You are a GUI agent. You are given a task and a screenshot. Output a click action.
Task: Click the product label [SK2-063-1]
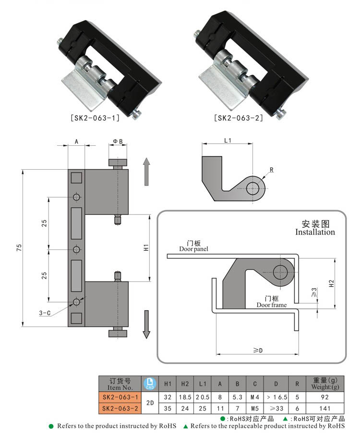(x=95, y=117)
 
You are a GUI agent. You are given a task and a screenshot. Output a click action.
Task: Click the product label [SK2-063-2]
(x=239, y=117)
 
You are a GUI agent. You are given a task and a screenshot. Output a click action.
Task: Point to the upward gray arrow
(x=147, y=172)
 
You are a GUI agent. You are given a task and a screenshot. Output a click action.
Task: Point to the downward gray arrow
(x=147, y=324)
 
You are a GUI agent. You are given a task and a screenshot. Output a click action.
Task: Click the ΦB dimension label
(x=118, y=141)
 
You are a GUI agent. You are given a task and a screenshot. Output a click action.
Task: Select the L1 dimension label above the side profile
(x=228, y=140)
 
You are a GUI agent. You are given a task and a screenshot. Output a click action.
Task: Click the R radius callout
(x=272, y=170)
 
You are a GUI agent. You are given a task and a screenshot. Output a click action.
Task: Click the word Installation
(x=315, y=232)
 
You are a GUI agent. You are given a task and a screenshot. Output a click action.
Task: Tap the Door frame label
(x=271, y=305)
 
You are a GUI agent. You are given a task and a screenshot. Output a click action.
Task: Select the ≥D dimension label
(x=258, y=351)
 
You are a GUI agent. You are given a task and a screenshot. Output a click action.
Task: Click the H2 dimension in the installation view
(x=331, y=283)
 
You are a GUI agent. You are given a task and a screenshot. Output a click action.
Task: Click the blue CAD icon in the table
(x=150, y=384)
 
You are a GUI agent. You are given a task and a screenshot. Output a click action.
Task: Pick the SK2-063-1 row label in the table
(x=120, y=398)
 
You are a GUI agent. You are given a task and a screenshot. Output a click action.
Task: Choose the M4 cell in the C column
(x=255, y=398)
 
